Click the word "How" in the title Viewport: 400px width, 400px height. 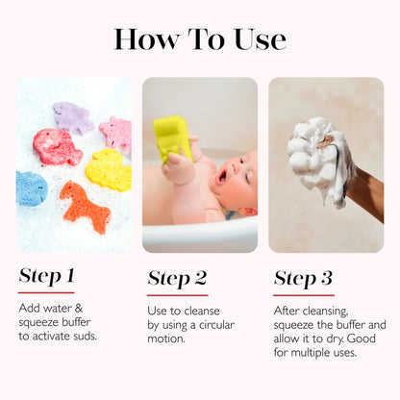(x=145, y=38)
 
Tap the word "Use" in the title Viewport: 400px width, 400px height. (x=256, y=38)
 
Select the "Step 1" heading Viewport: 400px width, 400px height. (x=46, y=277)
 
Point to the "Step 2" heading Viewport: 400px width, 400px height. (x=177, y=279)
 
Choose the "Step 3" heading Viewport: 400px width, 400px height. (x=303, y=279)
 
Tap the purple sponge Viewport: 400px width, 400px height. (x=73, y=117)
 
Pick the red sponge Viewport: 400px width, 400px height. (x=57, y=147)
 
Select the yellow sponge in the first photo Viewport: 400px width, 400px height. (x=109, y=169)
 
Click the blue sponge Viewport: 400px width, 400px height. (x=31, y=187)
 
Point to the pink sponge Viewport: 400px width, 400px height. (x=116, y=134)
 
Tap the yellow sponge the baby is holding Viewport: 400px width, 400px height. (x=173, y=137)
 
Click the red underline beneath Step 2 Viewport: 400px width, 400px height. (x=177, y=294)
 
